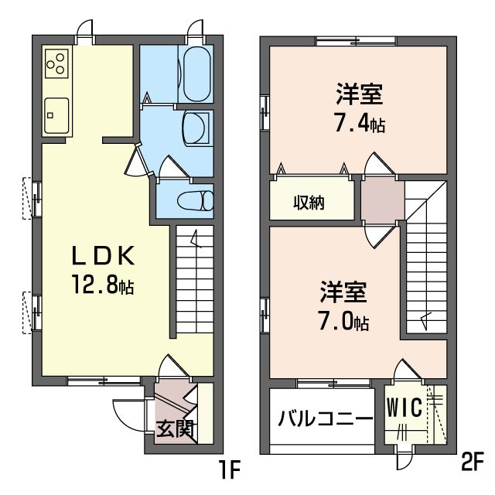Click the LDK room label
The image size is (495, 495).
click(x=104, y=256)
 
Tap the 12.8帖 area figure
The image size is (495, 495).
click(x=104, y=285)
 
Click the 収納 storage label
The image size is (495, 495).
click(x=309, y=203)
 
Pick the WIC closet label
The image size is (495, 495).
click(x=405, y=408)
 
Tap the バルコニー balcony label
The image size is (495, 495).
click(x=326, y=418)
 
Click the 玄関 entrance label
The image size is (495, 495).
click(x=175, y=429)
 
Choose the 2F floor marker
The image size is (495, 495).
click(x=473, y=462)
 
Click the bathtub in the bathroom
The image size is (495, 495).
click(x=196, y=74)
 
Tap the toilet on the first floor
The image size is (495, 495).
click(x=196, y=201)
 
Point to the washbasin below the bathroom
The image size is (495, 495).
click(x=196, y=128)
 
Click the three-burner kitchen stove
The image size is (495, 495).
click(x=56, y=63)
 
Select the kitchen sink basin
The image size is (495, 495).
click(x=56, y=115)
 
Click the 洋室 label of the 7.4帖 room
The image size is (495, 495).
click(x=360, y=94)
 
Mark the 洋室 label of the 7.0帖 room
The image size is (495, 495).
click(x=343, y=292)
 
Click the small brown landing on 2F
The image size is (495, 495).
click(x=383, y=200)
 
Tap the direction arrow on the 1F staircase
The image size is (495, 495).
click(x=196, y=239)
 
